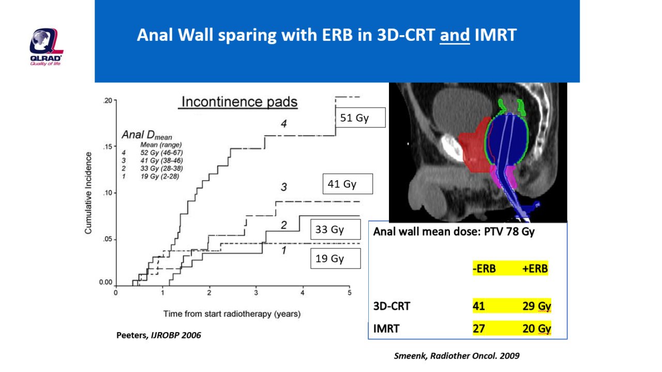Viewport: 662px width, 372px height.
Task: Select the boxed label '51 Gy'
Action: pyautogui.click(x=360, y=118)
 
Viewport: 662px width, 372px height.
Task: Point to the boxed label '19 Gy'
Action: pyautogui.click(x=335, y=258)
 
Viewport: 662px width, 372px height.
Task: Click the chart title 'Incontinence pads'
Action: pyautogui.click(x=239, y=102)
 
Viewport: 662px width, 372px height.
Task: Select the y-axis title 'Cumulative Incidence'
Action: pyautogui.click(x=88, y=192)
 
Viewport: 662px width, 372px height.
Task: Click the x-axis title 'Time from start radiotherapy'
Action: pyautogui.click(x=232, y=314)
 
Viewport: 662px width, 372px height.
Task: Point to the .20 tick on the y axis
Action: pyautogui.click(x=107, y=100)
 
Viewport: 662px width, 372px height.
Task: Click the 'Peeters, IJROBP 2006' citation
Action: pyautogui.click(x=158, y=335)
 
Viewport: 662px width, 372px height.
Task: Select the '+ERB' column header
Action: pyautogui.click(x=535, y=269)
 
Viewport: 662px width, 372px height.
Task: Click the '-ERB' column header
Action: pyautogui.click(x=484, y=269)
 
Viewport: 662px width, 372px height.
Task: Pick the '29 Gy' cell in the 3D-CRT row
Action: pyautogui.click(x=536, y=306)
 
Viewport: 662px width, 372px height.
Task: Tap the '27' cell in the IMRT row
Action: pyautogui.click(x=479, y=329)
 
